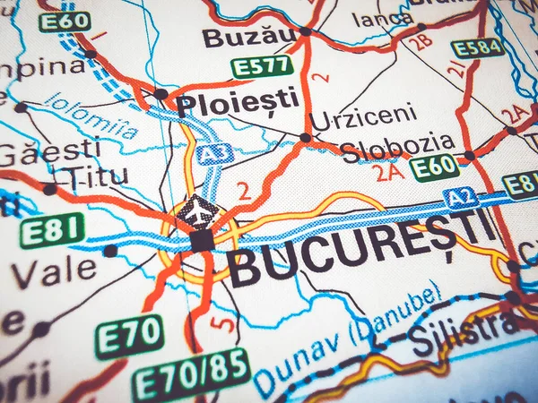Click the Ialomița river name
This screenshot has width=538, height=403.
click(x=91, y=117)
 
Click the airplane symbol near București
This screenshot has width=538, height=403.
click(x=197, y=212)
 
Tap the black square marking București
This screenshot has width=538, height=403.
click(x=203, y=240)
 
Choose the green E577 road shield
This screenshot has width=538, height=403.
click(x=261, y=66)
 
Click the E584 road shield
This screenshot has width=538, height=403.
click(x=477, y=48)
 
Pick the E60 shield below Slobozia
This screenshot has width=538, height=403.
click(x=434, y=167)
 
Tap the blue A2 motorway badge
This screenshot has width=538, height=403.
click(x=463, y=198)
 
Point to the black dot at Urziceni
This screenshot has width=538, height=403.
click(x=306, y=138)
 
